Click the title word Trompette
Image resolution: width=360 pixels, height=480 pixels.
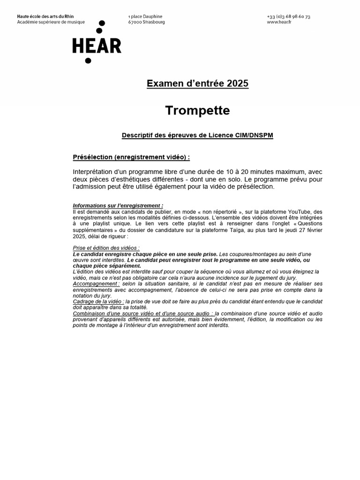pos(197,111)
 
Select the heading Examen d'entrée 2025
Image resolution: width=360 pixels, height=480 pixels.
pos(197,84)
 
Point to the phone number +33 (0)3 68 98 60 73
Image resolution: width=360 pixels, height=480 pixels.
pos(288,16)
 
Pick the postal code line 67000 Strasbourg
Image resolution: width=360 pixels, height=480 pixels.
pos(146,22)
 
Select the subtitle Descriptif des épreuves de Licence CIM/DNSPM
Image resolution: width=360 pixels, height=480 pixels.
pos(197,135)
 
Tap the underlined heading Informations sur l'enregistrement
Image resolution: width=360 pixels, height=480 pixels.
pos(118,206)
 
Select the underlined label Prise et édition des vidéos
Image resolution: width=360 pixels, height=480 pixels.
pos(106,247)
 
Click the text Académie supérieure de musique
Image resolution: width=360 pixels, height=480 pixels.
pos(51,22)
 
